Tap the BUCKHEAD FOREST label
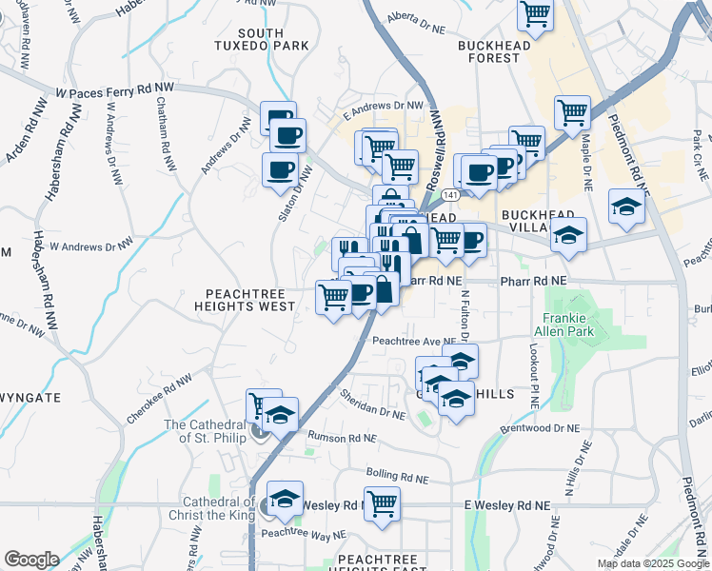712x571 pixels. coord(489,51)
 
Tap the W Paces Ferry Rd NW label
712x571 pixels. coord(115,90)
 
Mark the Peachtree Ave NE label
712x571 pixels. coord(414,341)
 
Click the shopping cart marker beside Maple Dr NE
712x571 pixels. coord(573,112)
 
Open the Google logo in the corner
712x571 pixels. coord(31,560)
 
